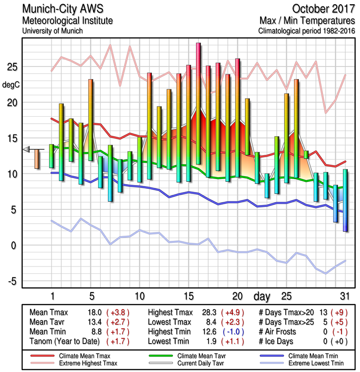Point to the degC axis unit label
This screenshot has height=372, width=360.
pyautogui.click(x=10, y=85)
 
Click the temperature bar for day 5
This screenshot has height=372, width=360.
pyautogui.click(x=91, y=120)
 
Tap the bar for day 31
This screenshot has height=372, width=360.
pyautogui.click(x=346, y=200)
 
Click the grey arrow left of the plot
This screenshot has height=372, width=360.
pyautogui.click(x=26, y=149)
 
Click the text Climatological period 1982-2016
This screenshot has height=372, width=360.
pyautogui.click(x=307, y=31)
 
